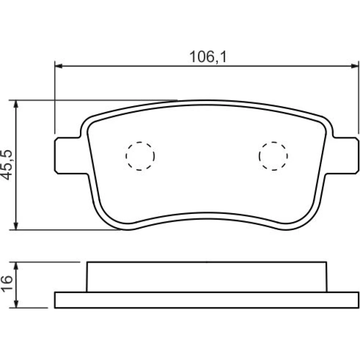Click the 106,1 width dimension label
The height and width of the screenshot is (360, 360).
pos(208,57)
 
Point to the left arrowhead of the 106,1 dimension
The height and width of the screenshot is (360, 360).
pos(59,66)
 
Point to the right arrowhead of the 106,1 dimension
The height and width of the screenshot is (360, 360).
pos(355,66)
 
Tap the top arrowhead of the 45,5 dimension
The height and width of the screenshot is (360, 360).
pos(16,104)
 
